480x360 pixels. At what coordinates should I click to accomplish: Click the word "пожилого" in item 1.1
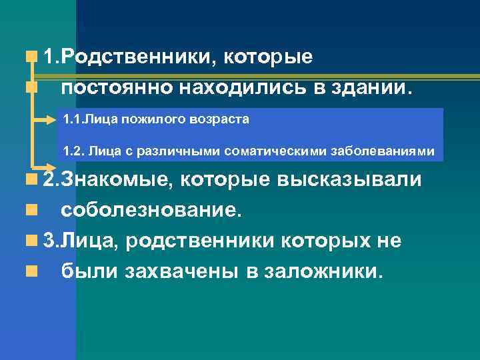click(153, 121)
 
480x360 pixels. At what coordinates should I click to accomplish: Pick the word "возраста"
click(219, 121)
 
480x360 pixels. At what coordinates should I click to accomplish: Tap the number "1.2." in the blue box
click(73, 151)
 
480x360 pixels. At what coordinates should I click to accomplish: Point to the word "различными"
click(174, 151)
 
